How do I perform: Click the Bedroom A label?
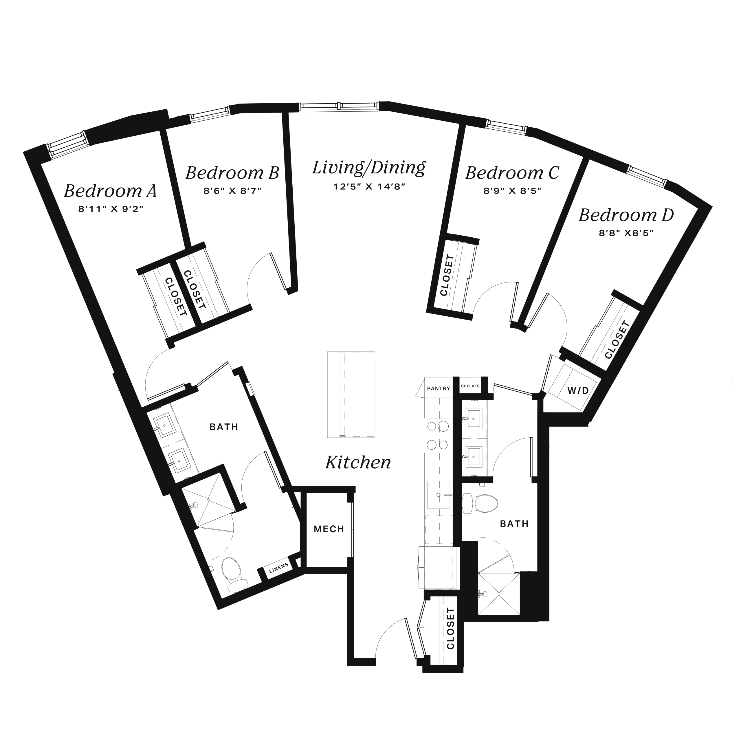[111, 191]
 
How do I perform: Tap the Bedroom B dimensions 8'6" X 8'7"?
[232, 191]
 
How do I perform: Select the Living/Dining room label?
[369, 168]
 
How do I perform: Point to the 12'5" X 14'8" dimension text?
[369, 187]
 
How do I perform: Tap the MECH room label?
[329, 529]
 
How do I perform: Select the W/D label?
[578, 391]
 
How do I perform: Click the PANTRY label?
[439, 388]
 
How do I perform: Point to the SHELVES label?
[470, 386]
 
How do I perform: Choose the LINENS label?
[279, 568]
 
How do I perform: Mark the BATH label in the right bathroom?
[514, 524]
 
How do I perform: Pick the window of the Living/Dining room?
[339, 107]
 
